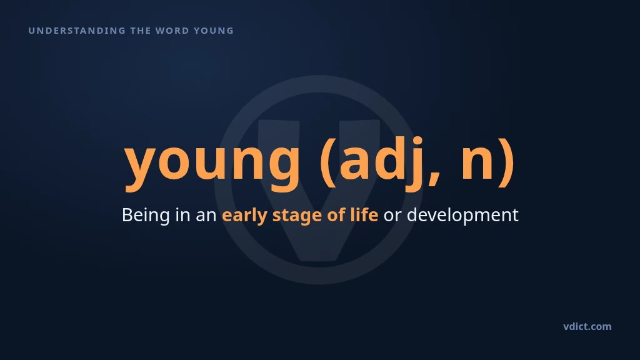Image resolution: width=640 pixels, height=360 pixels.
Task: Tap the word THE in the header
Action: (x=141, y=31)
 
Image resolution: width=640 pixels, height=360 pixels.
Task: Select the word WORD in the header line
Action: (x=172, y=31)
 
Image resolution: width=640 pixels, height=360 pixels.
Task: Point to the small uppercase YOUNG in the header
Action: (x=214, y=31)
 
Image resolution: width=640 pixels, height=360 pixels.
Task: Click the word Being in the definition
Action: (x=146, y=216)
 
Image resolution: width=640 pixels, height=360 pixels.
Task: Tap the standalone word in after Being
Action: (x=183, y=215)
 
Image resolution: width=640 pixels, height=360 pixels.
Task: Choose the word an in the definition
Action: (x=206, y=217)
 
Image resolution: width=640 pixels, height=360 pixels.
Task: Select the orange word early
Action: (x=244, y=216)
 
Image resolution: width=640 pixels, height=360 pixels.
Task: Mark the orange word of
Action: (x=336, y=215)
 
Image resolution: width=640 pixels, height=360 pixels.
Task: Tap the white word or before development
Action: (x=392, y=217)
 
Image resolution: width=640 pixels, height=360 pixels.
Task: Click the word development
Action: (x=462, y=216)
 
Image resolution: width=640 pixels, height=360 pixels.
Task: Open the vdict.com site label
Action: (x=587, y=326)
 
